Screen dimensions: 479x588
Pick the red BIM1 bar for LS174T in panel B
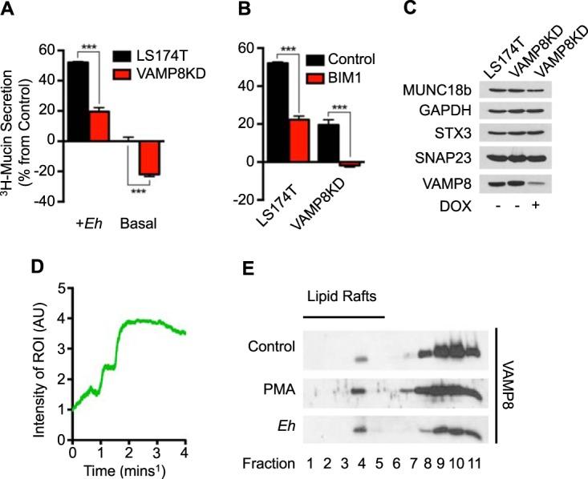point(297,140)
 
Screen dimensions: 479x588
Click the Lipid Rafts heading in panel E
point(343,294)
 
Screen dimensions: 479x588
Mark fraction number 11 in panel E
point(475,461)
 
